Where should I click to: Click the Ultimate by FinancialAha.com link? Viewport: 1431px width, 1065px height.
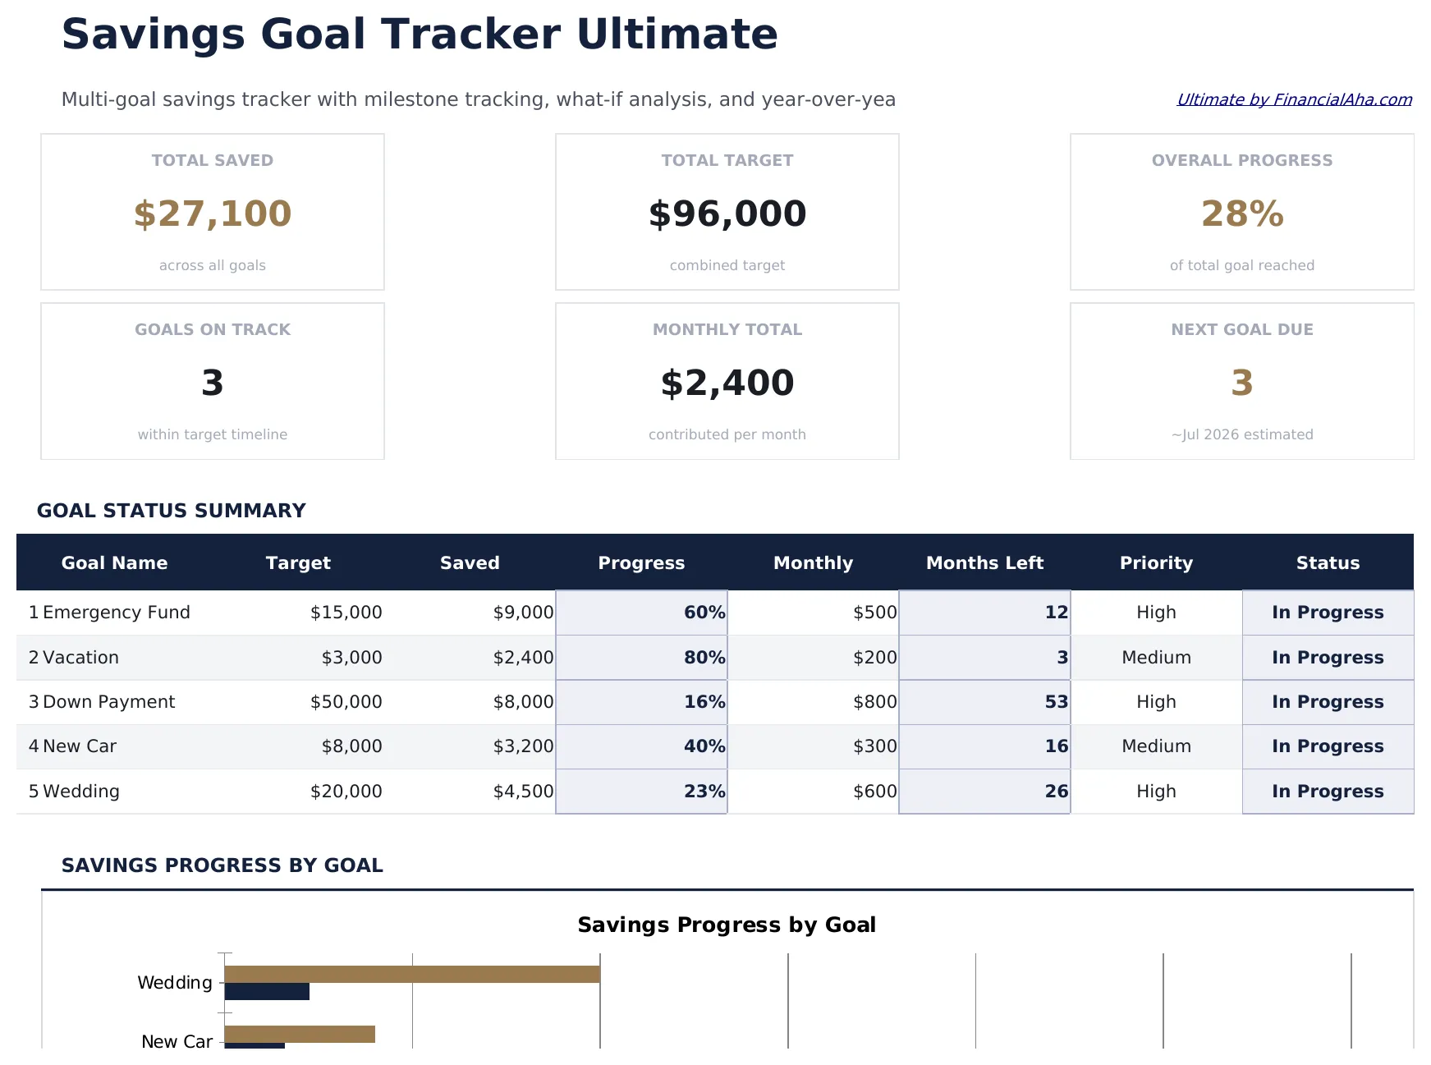tap(1294, 99)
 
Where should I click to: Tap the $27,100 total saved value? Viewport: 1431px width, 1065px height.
tap(213, 213)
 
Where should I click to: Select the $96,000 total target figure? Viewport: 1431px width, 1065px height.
tap(727, 213)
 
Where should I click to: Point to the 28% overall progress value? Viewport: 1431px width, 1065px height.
tap(1242, 213)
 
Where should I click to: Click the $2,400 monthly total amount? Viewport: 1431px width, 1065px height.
tap(727, 383)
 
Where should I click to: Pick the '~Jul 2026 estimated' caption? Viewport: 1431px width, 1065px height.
tap(1242, 434)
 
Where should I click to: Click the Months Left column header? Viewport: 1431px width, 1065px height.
tap(984, 562)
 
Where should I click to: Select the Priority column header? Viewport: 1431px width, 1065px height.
tap(1156, 562)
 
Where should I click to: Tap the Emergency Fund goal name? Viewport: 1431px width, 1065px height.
tap(116, 613)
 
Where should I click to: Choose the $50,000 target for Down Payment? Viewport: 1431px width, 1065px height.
tap(346, 702)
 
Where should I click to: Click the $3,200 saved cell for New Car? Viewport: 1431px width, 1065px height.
tap(523, 746)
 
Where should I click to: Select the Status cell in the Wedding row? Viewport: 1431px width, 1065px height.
tap(1328, 792)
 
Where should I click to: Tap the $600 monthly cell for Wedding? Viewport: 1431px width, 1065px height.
tap(874, 792)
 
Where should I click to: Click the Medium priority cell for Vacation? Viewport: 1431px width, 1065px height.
tap(1156, 658)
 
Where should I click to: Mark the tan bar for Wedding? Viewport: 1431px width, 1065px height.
tap(411, 974)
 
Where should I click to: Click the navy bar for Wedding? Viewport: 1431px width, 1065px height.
tap(267, 992)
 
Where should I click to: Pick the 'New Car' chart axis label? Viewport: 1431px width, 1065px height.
tap(177, 1042)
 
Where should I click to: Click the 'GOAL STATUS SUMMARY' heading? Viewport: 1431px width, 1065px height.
tap(172, 511)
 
